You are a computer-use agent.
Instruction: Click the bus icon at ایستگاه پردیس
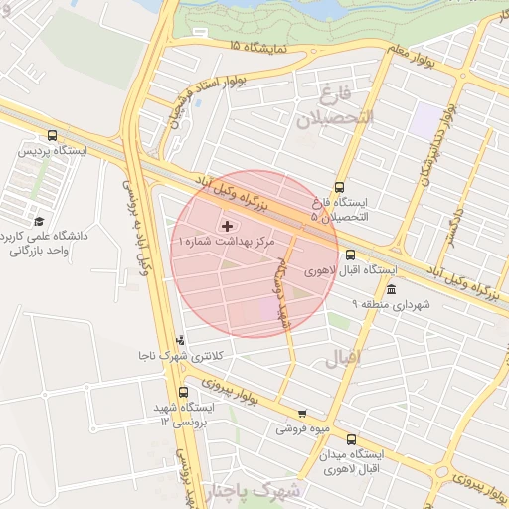[x=52, y=136]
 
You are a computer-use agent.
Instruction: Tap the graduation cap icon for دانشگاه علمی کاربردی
[x=39, y=221]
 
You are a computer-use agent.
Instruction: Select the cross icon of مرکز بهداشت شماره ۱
[x=226, y=227]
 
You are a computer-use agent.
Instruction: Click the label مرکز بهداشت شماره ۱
[x=226, y=242]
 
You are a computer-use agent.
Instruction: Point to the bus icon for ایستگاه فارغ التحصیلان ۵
[x=340, y=187]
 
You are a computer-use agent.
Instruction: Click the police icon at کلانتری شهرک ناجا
[x=180, y=340]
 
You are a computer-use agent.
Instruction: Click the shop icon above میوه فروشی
[x=302, y=415]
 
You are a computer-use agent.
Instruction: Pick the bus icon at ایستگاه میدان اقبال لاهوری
[x=350, y=438]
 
